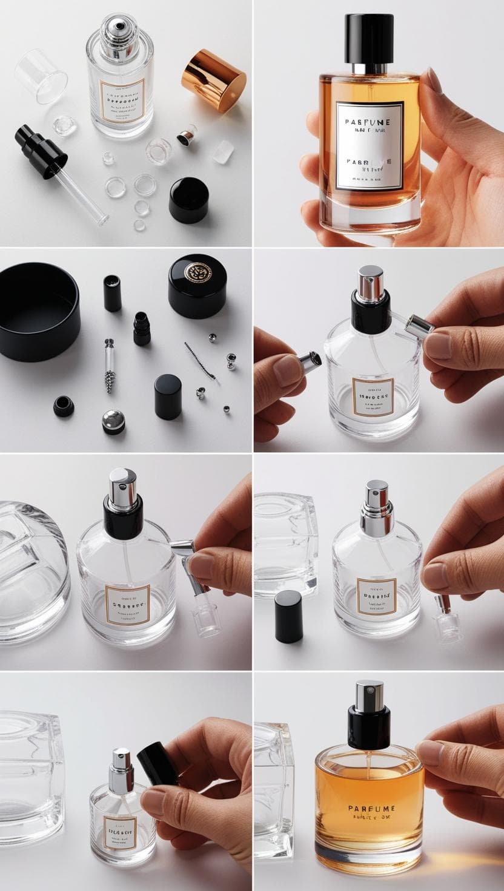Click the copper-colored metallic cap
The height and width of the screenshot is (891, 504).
click(214, 79)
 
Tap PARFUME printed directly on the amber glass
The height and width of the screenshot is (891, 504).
click(372, 808)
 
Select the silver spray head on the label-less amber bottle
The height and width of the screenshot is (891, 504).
click(369, 695)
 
